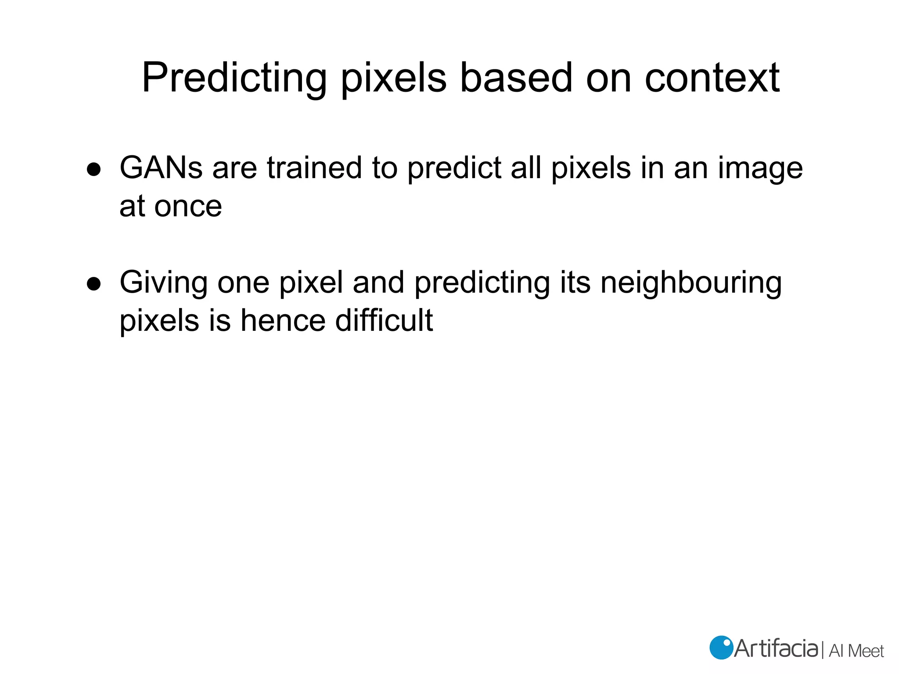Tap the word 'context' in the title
click(712, 78)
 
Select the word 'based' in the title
click(516, 78)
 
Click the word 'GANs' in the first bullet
click(161, 168)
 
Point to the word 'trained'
click(314, 168)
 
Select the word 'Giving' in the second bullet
click(163, 283)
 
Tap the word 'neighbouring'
click(691, 283)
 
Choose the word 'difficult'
click(384, 320)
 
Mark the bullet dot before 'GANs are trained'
click(94, 169)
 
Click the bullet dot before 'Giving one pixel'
click(94, 284)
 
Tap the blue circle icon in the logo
click(721, 648)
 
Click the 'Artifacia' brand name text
click(776, 649)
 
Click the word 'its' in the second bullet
click(575, 283)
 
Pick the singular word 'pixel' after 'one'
click(311, 283)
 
